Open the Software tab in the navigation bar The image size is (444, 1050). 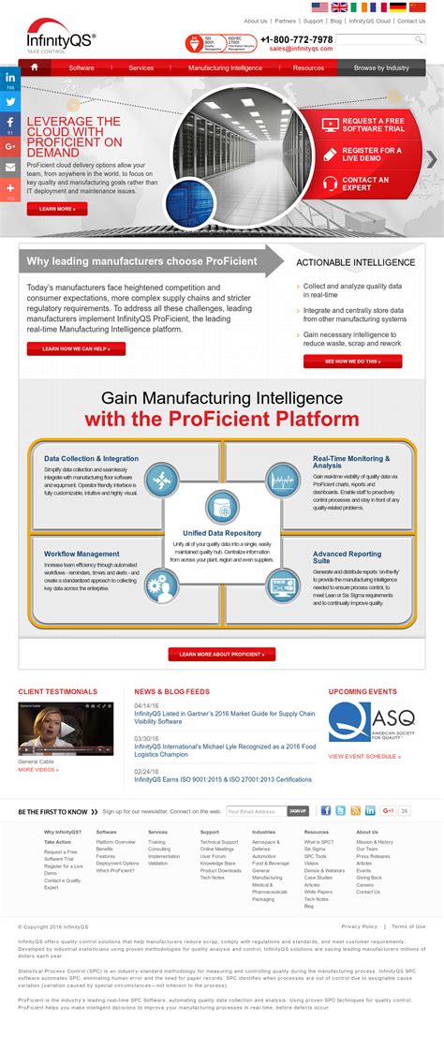tap(81, 67)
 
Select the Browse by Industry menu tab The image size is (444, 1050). tap(381, 67)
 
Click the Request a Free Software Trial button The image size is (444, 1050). tap(372, 125)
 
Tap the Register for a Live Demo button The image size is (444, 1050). tap(372, 154)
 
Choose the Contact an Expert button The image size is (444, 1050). tap(372, 184)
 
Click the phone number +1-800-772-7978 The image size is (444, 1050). tap(296, 39)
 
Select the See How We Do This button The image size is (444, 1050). tap(351, 361)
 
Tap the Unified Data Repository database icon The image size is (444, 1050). tap(222, 506)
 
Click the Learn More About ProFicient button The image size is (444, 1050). tap(222, 654)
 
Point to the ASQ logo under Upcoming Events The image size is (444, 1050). tap(371, 722)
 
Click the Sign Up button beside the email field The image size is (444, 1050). tap(298, 811)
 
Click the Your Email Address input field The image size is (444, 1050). tap(255, 811)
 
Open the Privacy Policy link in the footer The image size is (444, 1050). tap(360, 926)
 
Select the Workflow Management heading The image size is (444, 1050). tap(81, 554)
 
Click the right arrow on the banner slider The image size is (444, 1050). tap(431, 159)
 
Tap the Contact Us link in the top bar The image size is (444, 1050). tap(410, 21)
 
